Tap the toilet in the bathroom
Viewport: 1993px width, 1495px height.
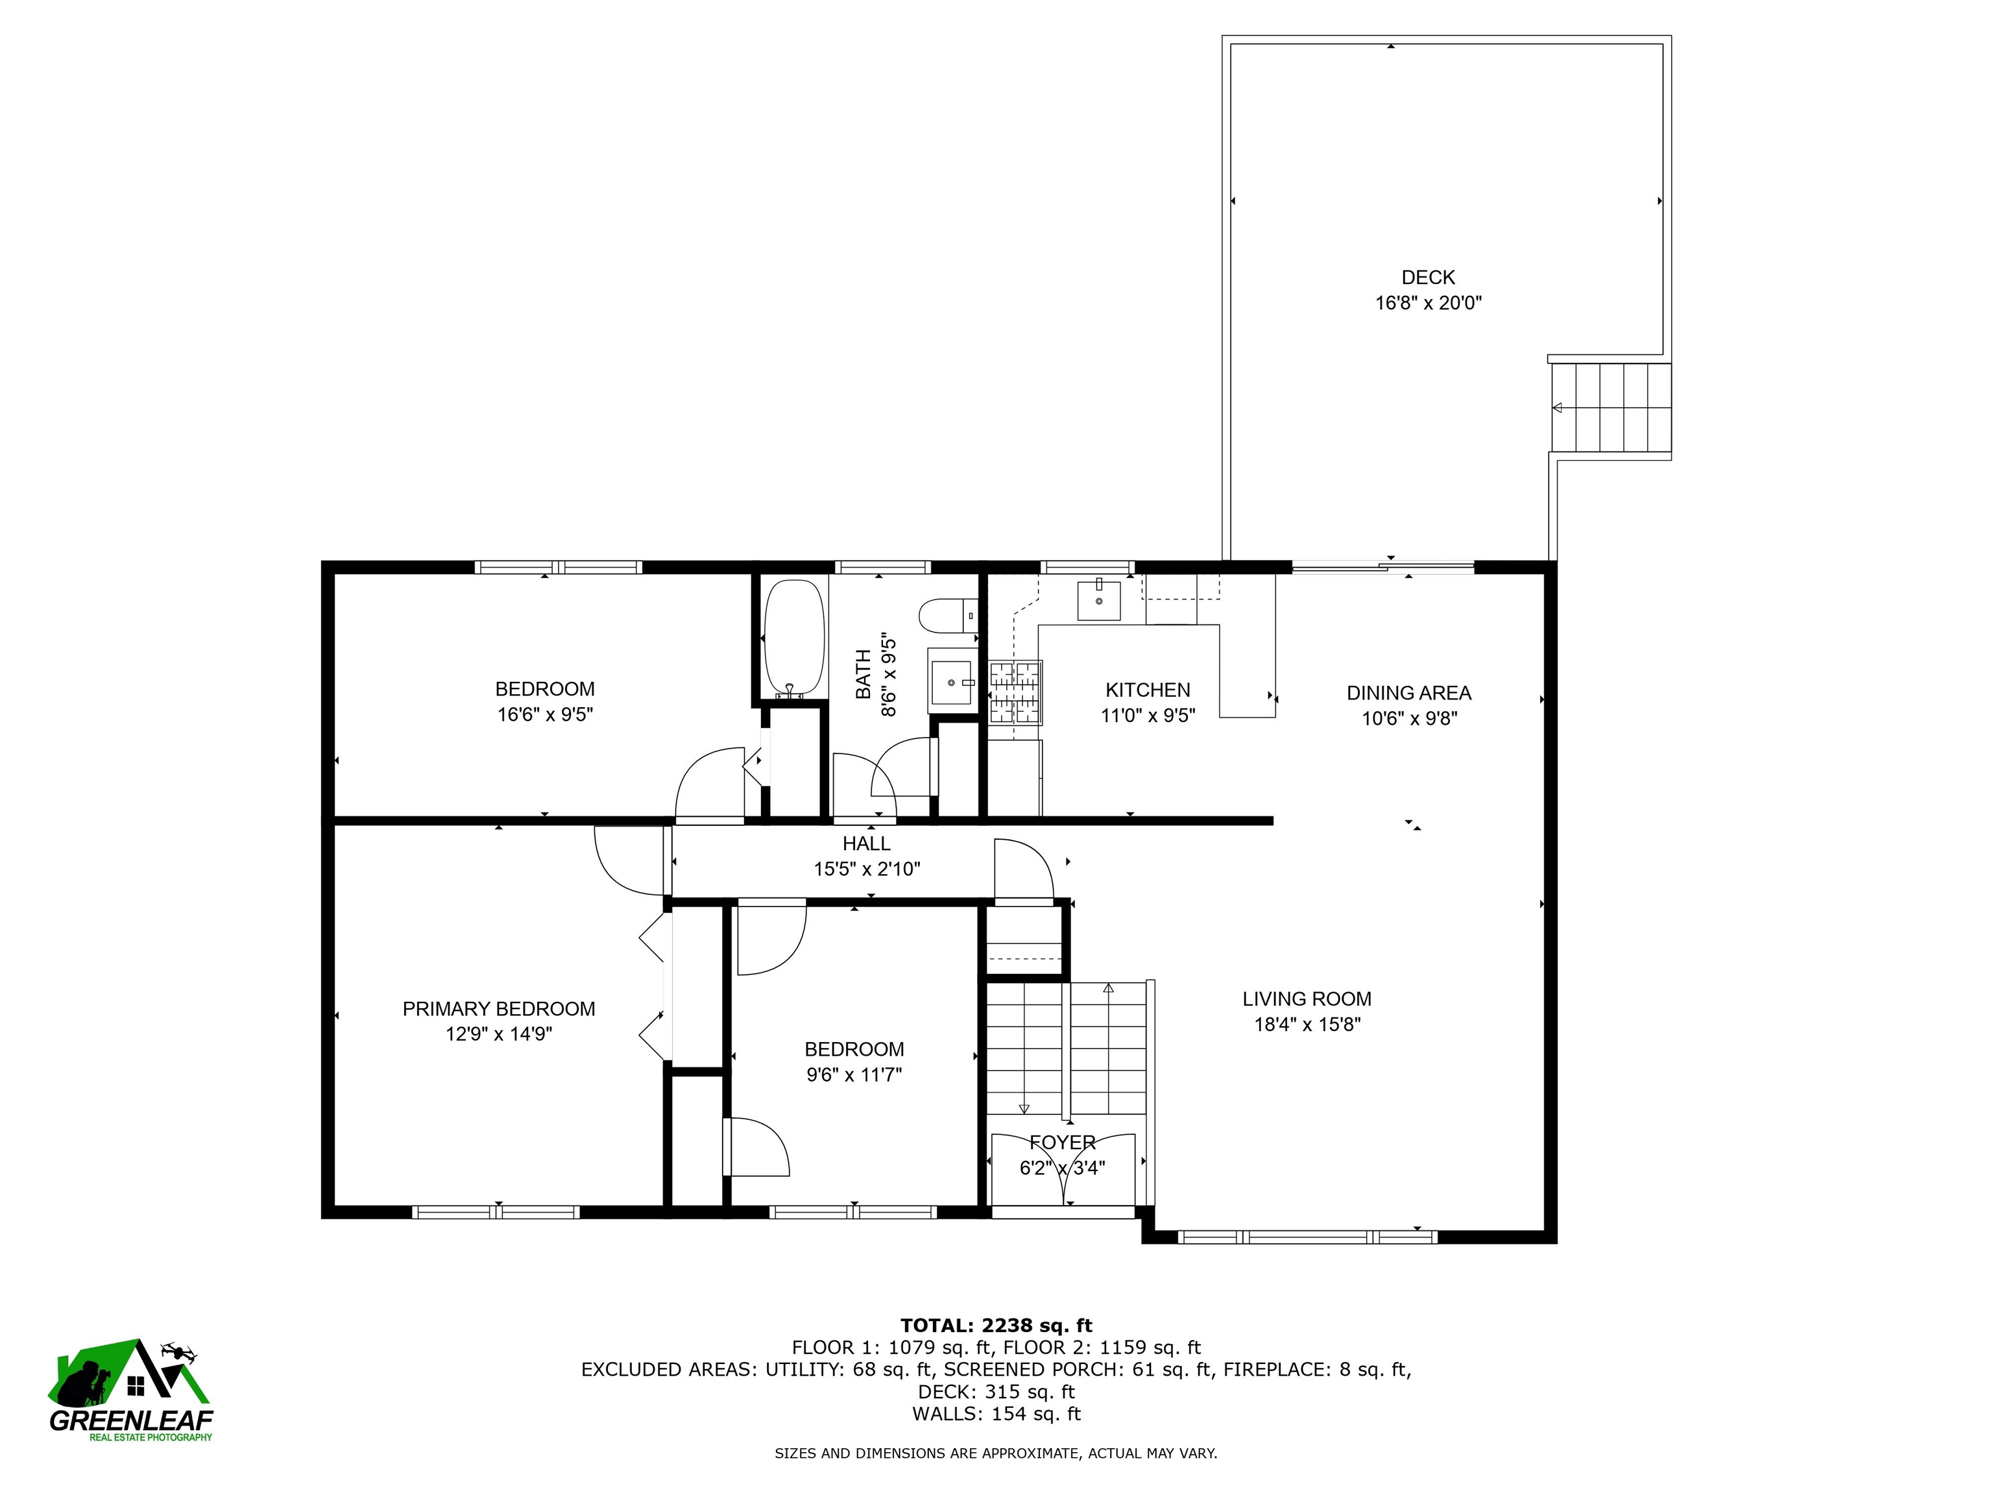click(x=948, y=616)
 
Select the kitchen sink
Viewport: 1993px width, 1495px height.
click(x=1099, y=600)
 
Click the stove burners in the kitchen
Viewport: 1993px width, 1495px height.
click(x=1015, y=692)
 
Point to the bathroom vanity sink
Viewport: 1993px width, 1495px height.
click(x=952, y=682)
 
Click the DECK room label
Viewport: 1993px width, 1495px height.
click(x=1428, y=278)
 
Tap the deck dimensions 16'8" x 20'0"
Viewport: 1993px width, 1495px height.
click(x=1428, y=303)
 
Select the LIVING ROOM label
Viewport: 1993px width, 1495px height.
click(x=1307, y=999)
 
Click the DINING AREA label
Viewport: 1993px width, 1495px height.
click(x=1408, y=693)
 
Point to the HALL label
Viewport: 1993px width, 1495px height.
click(x=867, y=844)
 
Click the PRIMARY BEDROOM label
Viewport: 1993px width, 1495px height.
click(x=498, y=1008)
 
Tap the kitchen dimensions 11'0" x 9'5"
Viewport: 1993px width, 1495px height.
click(x=1148, y=716)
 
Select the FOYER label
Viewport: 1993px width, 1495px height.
click(x=1062, y=1143)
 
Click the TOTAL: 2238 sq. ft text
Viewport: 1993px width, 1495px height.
click(x=996, y=1326)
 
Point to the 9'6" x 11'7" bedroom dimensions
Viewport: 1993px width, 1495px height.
click(x=854, y=1074)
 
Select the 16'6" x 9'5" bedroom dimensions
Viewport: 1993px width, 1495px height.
click(x=545, y=714)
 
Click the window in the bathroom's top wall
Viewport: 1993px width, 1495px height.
click(x=882, y=567)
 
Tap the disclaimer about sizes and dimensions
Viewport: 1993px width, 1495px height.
click(x=996, y=1453)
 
